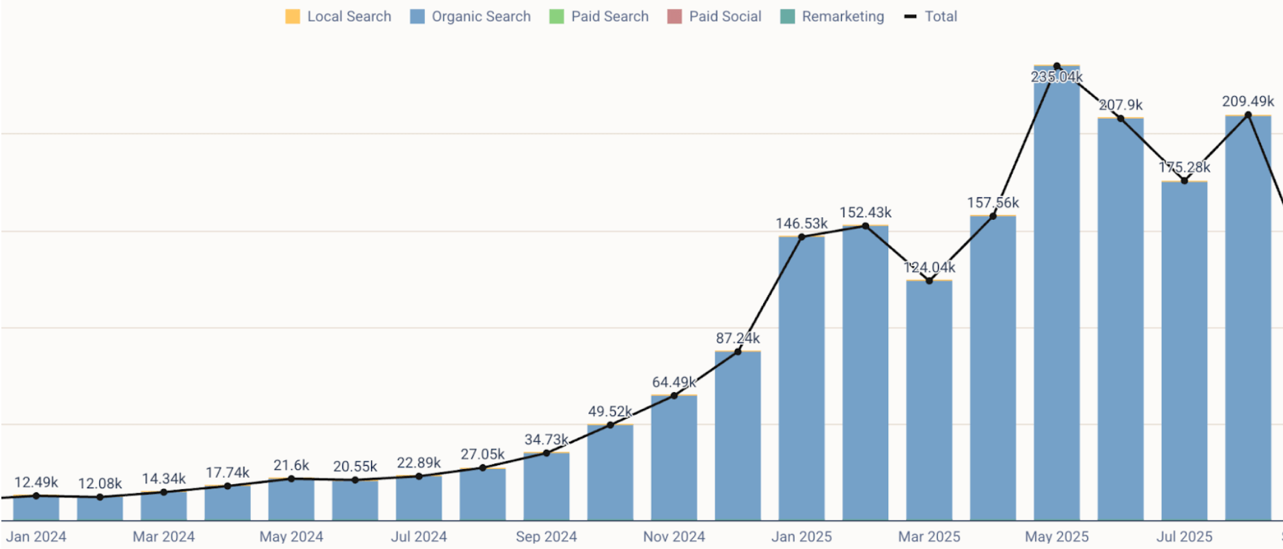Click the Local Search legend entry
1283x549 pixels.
339,16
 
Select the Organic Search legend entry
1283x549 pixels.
471,16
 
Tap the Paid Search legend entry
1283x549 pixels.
599,16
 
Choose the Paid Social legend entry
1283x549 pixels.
715,16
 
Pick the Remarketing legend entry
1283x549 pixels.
832,16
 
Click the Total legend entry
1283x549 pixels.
931,16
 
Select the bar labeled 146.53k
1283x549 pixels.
801,379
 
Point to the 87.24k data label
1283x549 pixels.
738,338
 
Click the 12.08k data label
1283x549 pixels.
100,483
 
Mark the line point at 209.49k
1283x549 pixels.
1248,115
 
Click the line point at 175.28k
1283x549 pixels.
1184,181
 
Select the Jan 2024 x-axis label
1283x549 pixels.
36,537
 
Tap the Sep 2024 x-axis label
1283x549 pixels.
546,537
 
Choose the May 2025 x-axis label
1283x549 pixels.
1056,537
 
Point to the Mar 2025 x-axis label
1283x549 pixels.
929,537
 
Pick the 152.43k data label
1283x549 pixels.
866,212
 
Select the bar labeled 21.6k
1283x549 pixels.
291,500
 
